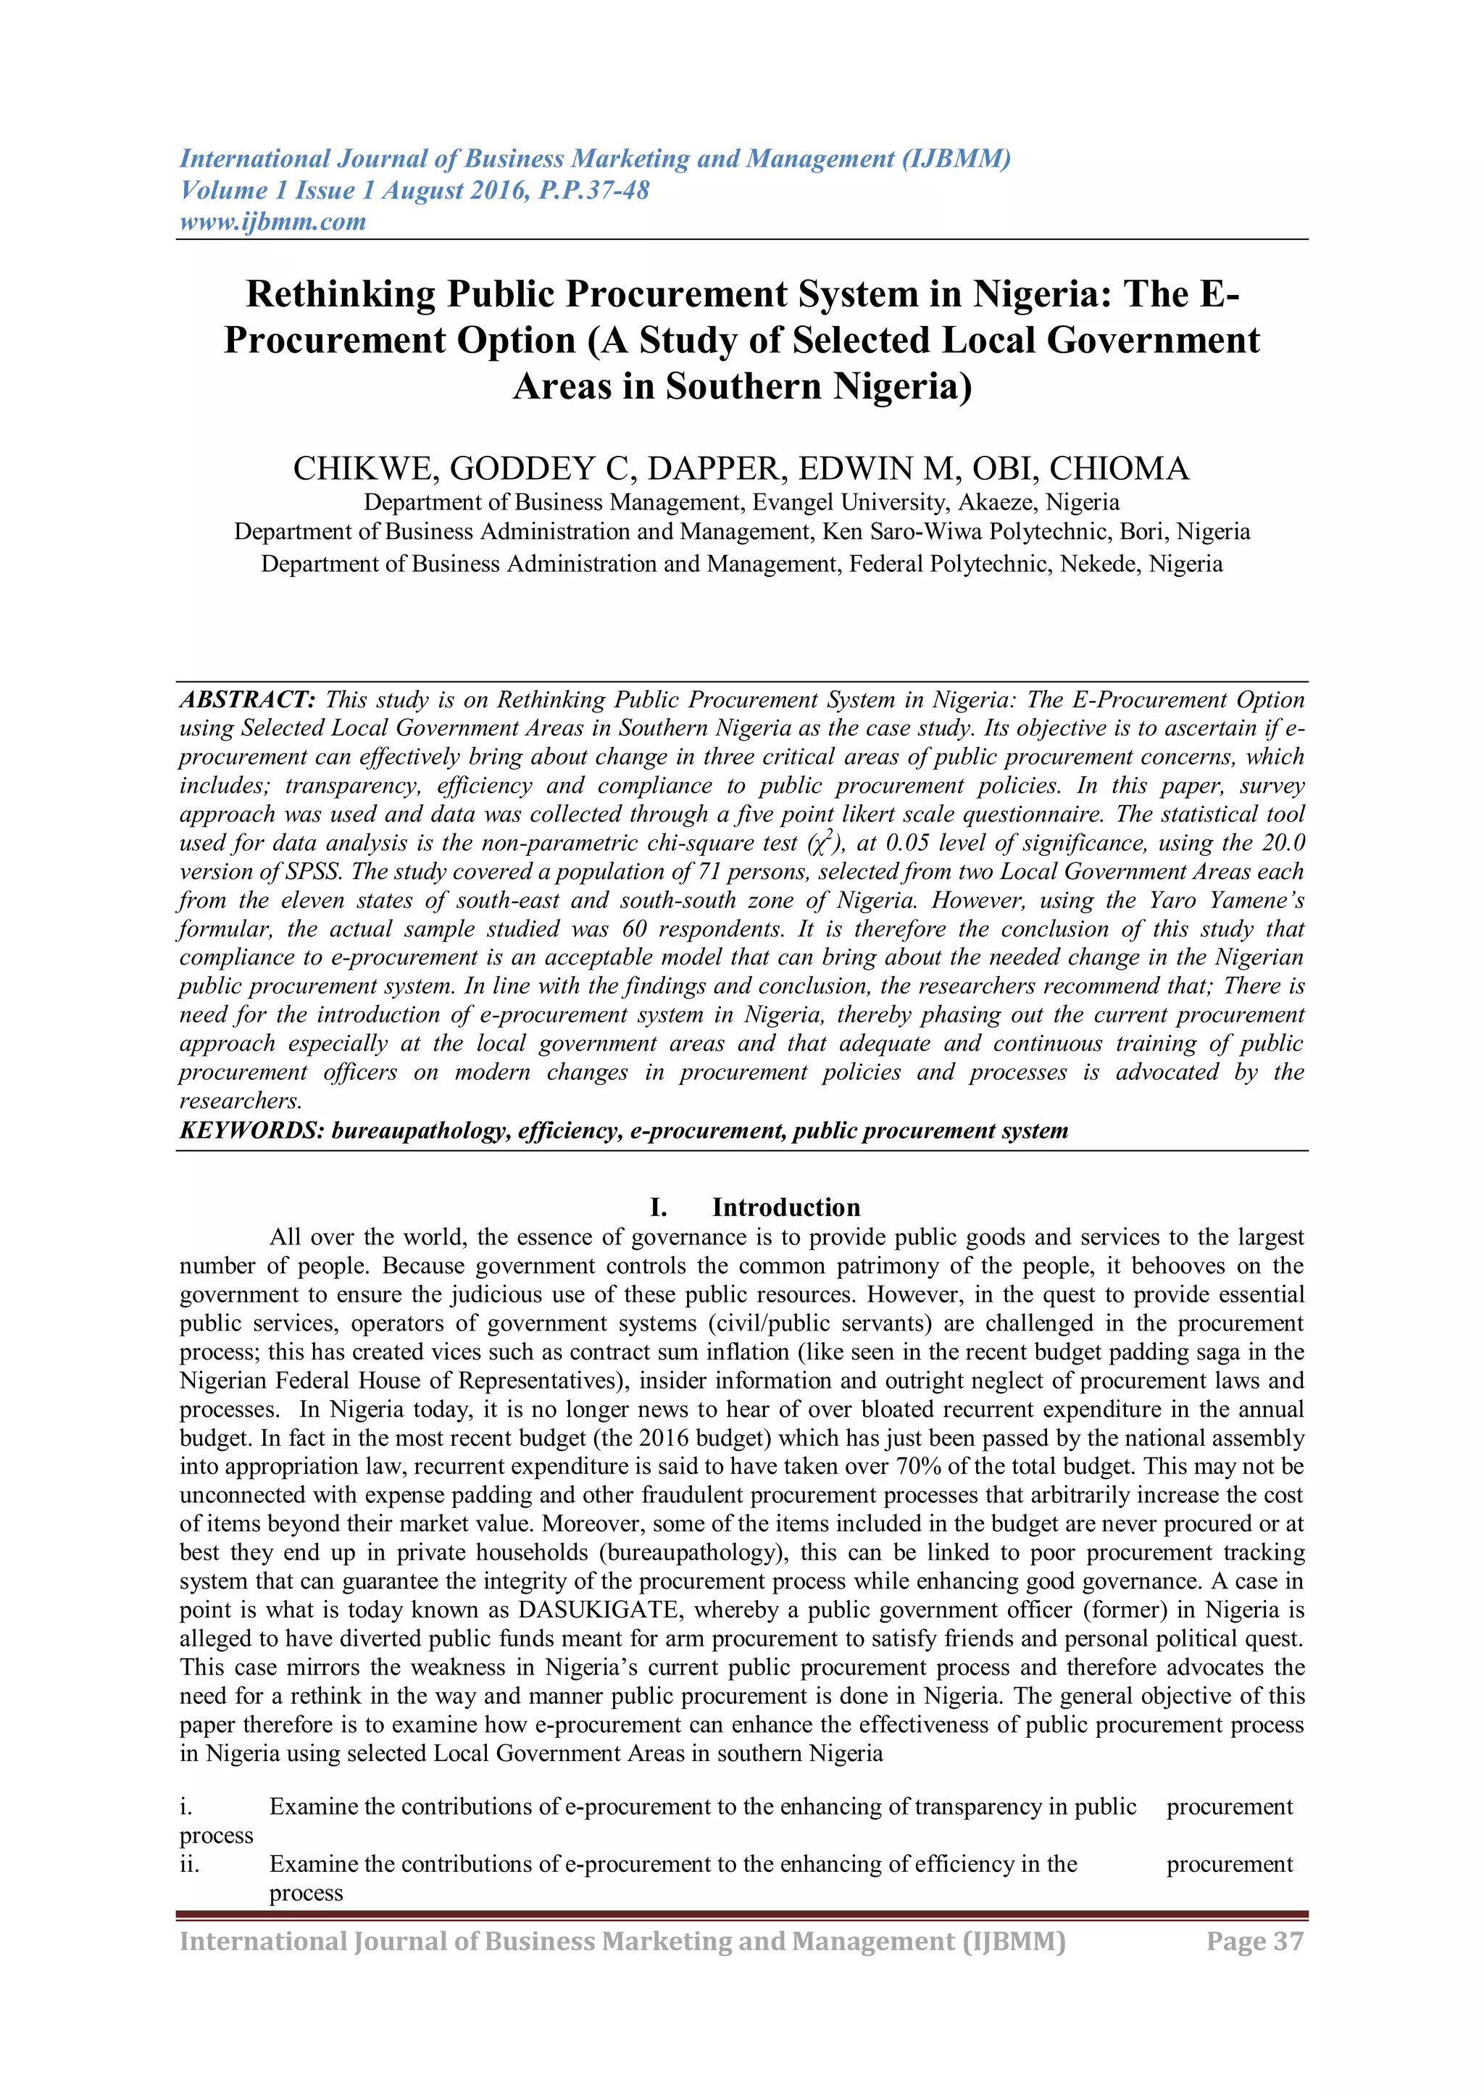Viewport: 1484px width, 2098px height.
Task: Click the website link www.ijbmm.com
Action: coord(272,221)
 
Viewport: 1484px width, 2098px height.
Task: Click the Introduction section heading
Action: coord(786,1207)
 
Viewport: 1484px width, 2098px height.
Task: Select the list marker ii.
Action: coord(189,1863)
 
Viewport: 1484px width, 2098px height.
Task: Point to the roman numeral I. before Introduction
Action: coord(658,1207)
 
